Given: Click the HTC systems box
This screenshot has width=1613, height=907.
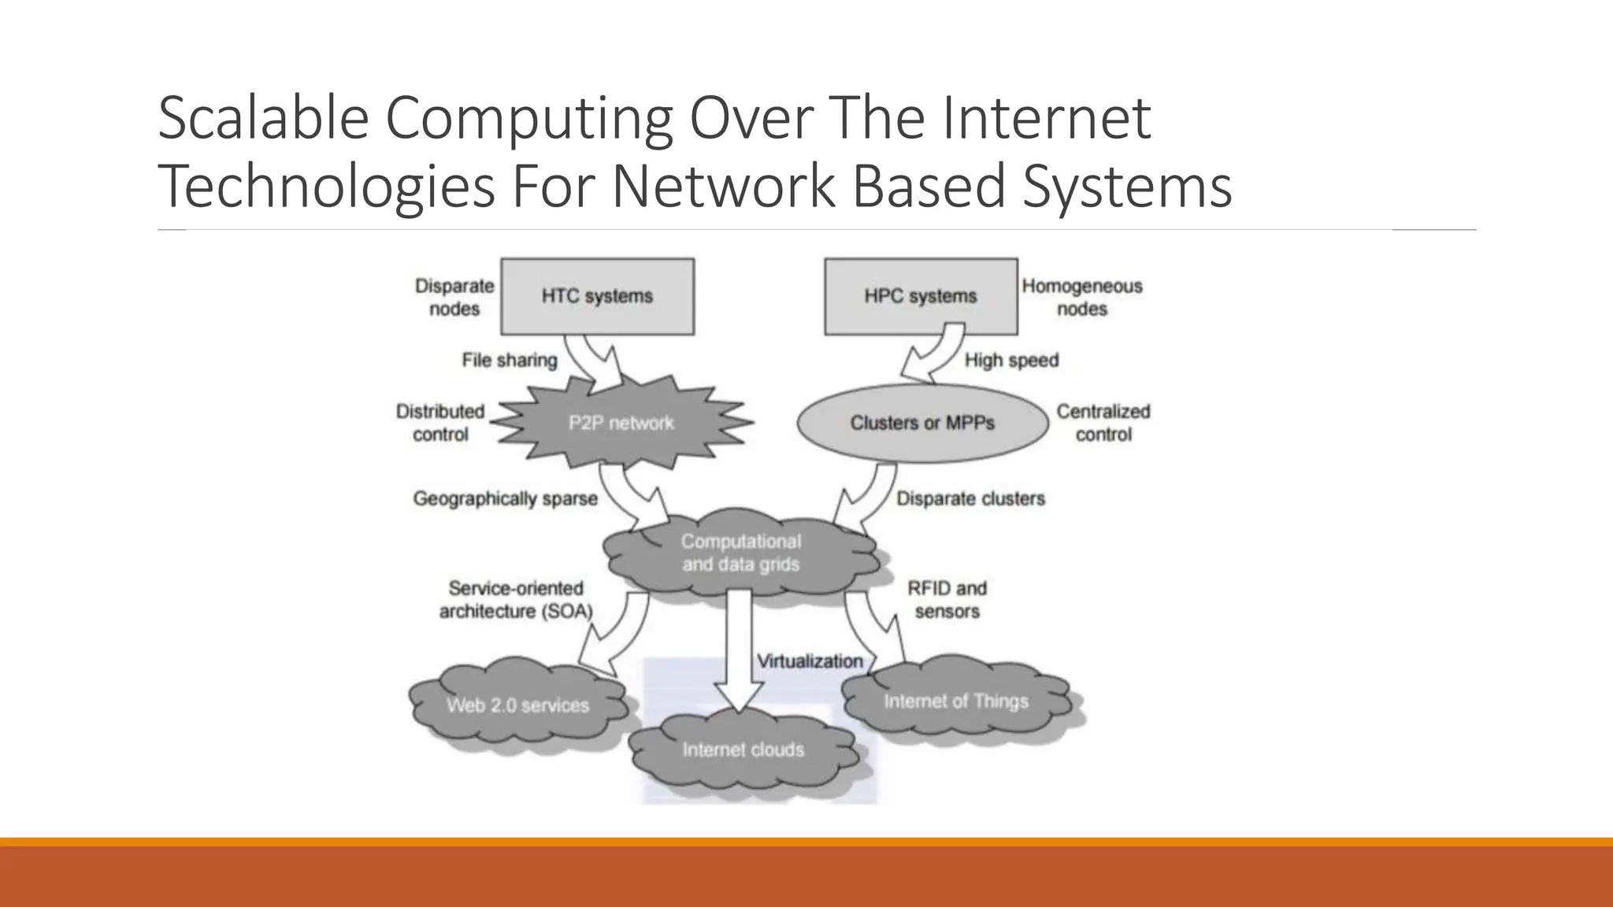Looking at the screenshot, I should click(597, 296).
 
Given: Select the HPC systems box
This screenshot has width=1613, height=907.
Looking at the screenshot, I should click(920, 296).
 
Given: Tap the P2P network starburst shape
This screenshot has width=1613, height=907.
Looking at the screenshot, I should click(621, 423).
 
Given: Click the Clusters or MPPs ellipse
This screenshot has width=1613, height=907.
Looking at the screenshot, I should click(922, 423).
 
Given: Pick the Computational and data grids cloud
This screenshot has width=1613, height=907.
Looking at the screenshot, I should click(740, 553).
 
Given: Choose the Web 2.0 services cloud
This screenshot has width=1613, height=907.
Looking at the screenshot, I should click(517, 705).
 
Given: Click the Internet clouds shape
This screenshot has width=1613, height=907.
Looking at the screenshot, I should click(743, 750).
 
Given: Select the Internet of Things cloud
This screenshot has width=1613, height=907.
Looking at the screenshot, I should click(956, 701).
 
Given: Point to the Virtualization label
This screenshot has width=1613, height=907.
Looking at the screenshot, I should click(810, 661).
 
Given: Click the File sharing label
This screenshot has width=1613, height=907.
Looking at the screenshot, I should click(509, 360).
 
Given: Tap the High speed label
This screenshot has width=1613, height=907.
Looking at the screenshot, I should click(1011, 360).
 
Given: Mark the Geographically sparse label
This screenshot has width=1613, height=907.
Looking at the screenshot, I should click(505, 498).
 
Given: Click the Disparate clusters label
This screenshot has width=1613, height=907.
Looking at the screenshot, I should click(970, 498).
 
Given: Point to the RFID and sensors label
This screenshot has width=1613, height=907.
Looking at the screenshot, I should click(947, 599).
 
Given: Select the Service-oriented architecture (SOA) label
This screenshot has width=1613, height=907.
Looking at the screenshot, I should click(516, 599).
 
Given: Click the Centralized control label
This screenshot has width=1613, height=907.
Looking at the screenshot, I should click(1103, 423).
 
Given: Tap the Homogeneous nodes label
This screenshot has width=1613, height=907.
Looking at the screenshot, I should click(1082, 297).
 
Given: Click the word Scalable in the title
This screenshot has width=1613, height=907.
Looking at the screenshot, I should click(263, 117).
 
